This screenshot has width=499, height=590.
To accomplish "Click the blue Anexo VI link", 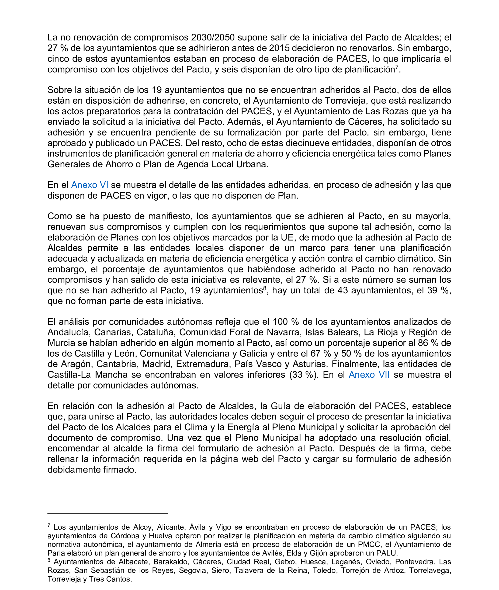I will click(x=89, y=185).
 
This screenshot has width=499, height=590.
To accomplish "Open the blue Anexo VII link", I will click(x=369, y=375).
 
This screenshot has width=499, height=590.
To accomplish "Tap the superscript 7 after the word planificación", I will click(x=397, y=67).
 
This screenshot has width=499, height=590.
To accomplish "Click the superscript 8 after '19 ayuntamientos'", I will click(x=265, y=288).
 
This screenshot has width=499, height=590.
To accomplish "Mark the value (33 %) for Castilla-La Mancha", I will click(x=302, y=375).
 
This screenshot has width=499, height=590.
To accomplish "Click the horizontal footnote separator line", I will click(x=107, y=513).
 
